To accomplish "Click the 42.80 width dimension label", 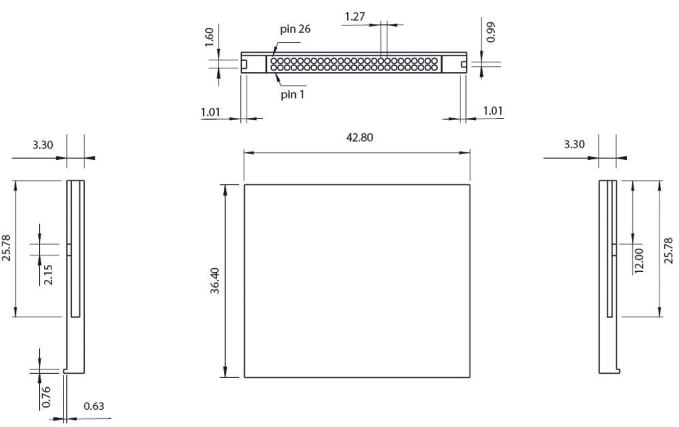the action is pos(360,137).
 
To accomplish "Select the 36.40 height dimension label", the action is pos(215,281).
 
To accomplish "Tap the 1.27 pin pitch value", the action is pos(355,17).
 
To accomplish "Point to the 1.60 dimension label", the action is pos(209,37).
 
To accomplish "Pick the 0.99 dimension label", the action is pos(491,32).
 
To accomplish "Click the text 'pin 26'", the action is pos(295,29).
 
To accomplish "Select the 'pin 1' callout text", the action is pos(292,94).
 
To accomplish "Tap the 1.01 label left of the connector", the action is pos(210,112).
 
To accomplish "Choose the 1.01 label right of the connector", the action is pos(493,110).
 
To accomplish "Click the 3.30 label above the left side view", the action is pos(43,145).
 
